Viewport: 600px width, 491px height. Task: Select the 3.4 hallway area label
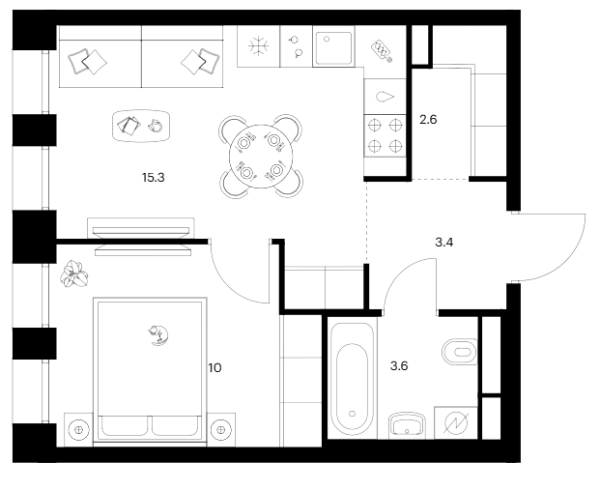(444, 242)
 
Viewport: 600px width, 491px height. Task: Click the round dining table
(260, 157)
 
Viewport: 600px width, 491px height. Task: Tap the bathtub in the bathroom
(350, 378)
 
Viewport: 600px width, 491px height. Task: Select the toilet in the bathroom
(457, 350)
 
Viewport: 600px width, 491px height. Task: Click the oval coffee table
(142, 124)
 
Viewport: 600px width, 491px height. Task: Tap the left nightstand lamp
(79, 426)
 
